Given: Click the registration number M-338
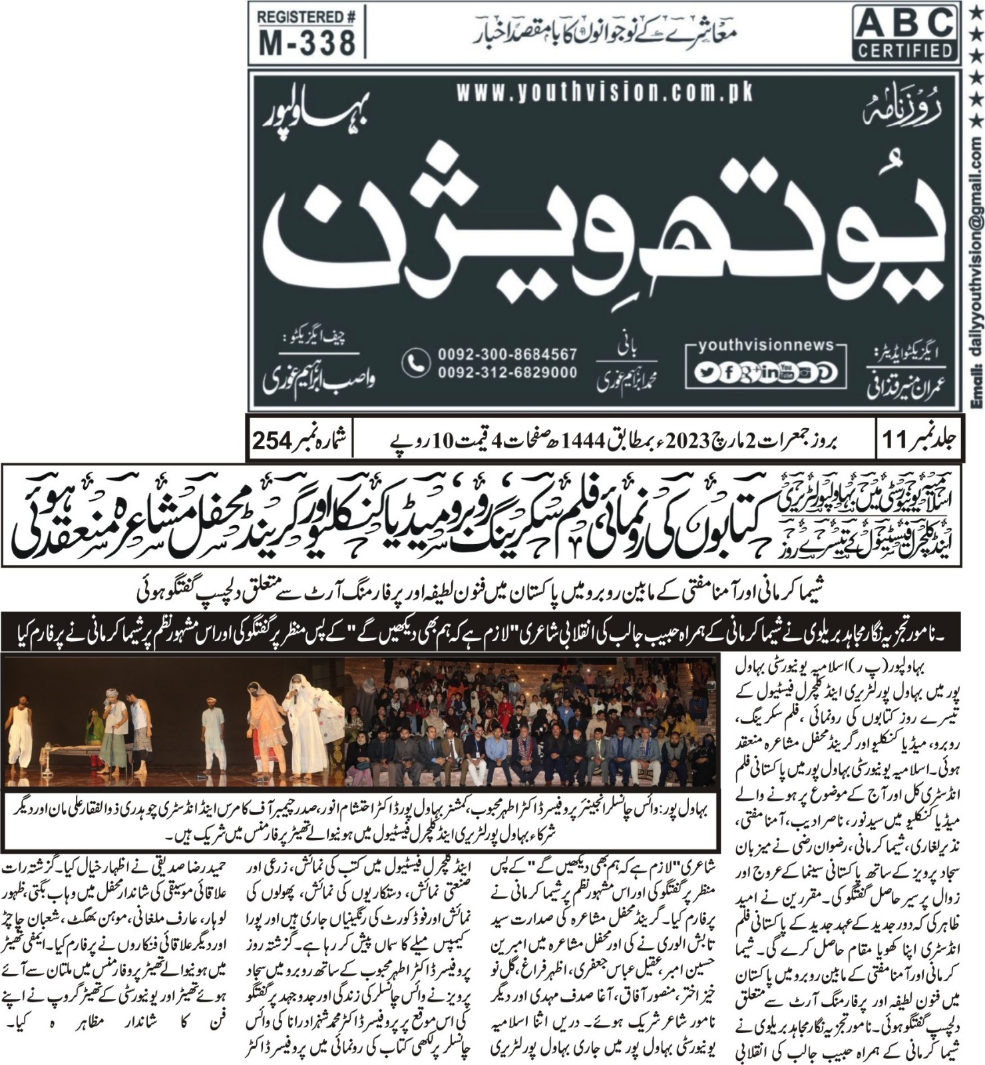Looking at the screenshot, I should [307, 42].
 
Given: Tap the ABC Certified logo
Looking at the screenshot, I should [906, 32].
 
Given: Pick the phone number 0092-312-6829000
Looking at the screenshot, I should [507, 373].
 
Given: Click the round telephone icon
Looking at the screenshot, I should [416, 363].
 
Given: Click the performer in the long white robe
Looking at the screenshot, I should [304, 726].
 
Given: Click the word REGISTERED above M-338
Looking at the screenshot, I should [307, 17].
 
